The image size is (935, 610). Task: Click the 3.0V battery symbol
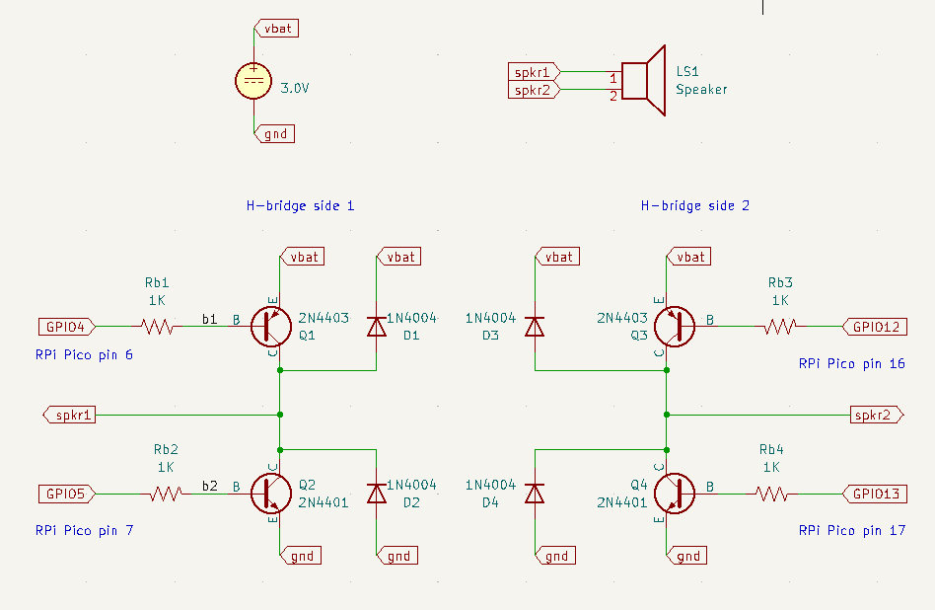coord(254,81)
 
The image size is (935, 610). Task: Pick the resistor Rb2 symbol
coord(165,493)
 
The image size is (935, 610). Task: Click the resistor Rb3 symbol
coord(780,326)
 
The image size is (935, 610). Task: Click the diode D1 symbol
coord(376,326)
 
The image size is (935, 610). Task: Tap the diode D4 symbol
coord(535,493)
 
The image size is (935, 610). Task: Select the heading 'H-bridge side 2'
coord(694,206)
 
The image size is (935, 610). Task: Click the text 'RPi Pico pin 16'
coord(851,364)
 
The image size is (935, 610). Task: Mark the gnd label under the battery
coord(274,133)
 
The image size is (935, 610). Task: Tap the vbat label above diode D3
coord(557,257)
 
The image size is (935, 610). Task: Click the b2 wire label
coord(209,486)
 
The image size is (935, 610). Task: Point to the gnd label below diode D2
coord(397,556)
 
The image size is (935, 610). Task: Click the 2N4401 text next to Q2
coord(324,502)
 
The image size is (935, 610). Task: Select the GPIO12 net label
coord(874,326)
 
